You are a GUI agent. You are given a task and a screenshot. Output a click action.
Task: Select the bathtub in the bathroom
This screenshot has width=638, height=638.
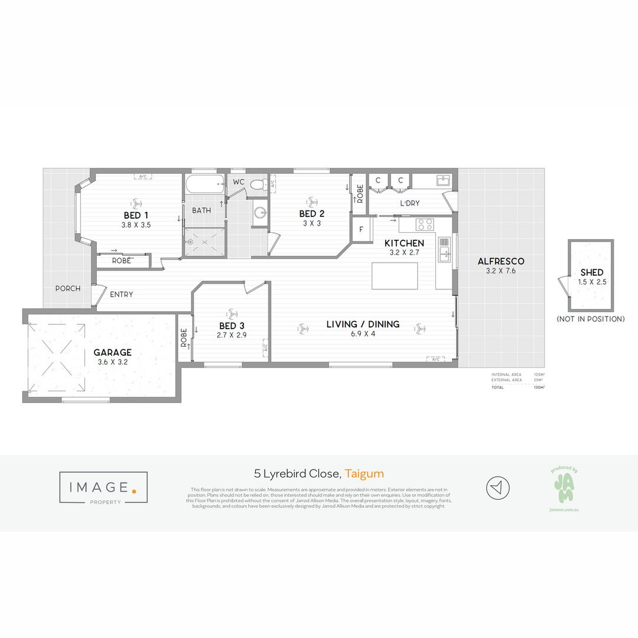(204, 187)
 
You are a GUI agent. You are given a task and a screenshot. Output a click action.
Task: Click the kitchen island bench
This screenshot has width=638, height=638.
(395, 276)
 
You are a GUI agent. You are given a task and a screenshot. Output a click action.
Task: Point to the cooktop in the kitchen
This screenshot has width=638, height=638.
(425, 224)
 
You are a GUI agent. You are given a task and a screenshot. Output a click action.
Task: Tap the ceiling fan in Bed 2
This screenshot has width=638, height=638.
(311, 200)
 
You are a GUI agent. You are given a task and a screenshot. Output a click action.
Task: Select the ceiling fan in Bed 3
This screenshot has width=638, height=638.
(232, 314)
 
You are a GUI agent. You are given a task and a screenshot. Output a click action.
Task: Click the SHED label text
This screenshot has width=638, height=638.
(591, 272)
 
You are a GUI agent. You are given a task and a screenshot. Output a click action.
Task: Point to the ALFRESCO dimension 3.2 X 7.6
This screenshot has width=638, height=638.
(500, 271)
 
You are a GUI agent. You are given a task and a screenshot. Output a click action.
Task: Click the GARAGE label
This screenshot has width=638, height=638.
(112, 353)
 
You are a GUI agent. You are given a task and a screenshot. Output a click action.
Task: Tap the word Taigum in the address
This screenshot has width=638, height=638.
(364, 473)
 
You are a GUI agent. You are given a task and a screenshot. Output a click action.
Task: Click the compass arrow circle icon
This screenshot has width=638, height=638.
(498, 487)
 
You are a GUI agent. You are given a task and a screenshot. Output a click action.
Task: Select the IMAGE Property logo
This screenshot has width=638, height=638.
(103, 487)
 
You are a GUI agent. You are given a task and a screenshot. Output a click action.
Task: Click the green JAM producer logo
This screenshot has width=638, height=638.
(563, 488)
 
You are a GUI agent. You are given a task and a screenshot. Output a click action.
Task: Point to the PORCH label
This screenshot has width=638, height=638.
(68, 288)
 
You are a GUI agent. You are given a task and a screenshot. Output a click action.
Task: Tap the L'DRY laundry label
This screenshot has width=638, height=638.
(410, 203)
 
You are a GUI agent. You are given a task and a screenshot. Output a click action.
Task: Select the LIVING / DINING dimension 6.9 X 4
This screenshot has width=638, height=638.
(363, 334)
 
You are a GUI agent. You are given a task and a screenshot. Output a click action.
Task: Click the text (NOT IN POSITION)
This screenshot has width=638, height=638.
(590, 319)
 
